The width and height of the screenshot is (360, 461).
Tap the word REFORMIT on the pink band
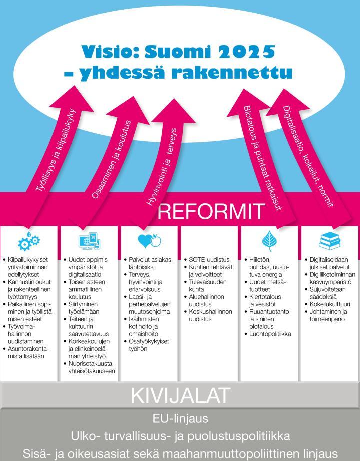coord(211,211)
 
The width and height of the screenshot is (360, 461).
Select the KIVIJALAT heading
coord(180,395)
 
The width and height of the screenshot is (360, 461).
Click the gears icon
coord(29,241)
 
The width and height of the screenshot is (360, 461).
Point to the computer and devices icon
coord(89,241)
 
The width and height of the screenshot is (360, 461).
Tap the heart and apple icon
coord(149,241)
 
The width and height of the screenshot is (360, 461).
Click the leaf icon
coord(269,241)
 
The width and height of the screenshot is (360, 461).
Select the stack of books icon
coord(329,241)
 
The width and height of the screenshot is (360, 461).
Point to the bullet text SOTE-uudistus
coord(209,260)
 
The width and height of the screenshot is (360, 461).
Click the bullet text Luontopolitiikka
coord(270,334)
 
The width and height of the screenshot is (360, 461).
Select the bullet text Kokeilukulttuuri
coord(330,304)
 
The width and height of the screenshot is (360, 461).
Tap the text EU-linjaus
coord(180,418)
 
